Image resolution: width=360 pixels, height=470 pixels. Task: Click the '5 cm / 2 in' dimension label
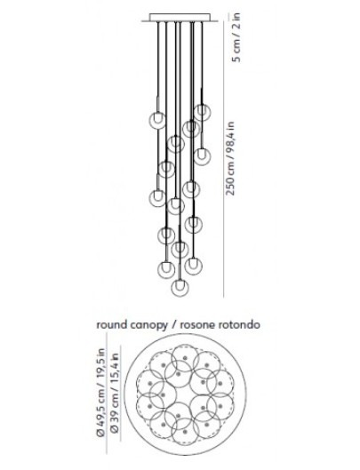(237, 37)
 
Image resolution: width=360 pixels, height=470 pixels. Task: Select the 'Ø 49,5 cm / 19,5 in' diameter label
(100, 393)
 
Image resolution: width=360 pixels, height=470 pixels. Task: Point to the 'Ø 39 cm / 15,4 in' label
(115, 393)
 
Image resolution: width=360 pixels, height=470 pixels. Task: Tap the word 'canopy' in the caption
(148, 325)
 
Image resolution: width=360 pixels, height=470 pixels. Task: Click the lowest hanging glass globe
(180, 287)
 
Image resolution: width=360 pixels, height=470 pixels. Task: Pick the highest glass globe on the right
(202, 112)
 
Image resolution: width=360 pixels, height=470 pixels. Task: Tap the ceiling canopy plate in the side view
(180, 18)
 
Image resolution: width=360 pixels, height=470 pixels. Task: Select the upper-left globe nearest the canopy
(157, 120)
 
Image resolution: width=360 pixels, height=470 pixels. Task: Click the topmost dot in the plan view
(185, 357)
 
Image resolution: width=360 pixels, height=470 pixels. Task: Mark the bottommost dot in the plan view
(185, 431)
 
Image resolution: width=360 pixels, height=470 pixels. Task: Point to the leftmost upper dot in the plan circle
(149, 383)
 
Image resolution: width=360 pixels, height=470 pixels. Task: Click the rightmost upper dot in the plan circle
(220, 383)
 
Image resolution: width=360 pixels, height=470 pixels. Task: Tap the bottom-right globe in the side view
(193, 266)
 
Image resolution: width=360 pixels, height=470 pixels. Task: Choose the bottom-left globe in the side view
(166, 269)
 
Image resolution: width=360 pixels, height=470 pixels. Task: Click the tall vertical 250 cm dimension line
(224, 159)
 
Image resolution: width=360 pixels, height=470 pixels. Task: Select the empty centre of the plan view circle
(185, 394)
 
